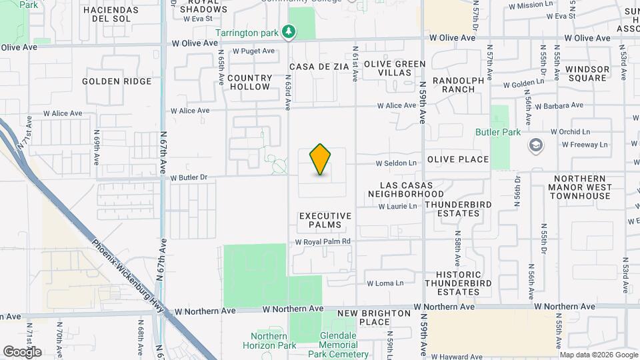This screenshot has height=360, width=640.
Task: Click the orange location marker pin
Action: point(321,159)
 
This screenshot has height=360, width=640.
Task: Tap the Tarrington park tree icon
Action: point(289,31)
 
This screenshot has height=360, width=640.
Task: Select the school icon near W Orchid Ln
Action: point(536,145)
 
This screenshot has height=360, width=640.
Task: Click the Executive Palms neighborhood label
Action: point(325,220)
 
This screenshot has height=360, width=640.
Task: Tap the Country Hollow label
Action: point(249,82)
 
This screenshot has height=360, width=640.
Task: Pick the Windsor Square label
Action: point(587,73)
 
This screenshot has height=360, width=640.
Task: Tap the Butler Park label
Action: point(498,132)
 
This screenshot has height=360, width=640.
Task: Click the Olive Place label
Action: point(458,159)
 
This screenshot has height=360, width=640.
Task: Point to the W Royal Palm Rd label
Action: point(323,241)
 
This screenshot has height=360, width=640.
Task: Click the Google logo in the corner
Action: point(22,351)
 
